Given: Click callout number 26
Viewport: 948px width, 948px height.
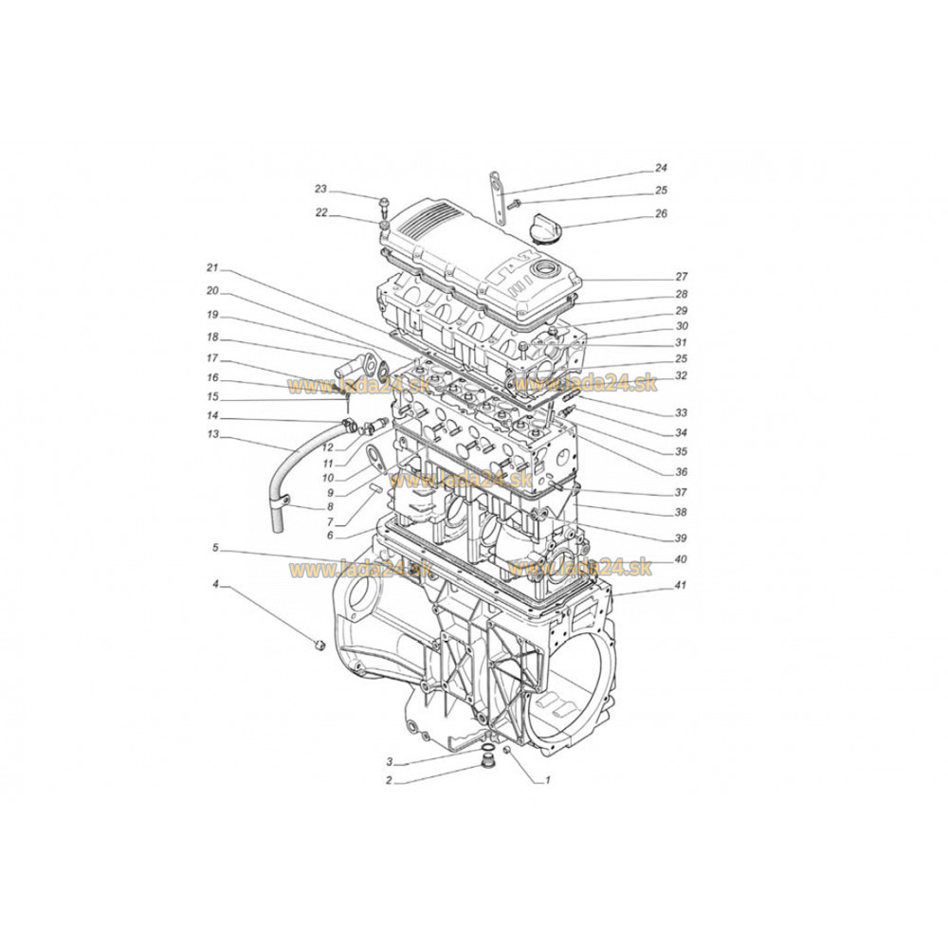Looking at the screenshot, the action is pos(662,213).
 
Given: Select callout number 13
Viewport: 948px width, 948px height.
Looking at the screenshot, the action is pos(212,434).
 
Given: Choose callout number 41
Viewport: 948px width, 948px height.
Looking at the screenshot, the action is pos(681,585).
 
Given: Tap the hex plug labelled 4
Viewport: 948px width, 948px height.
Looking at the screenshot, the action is pos(319,645).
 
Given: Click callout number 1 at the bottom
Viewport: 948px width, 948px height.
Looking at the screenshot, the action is pos(548,780).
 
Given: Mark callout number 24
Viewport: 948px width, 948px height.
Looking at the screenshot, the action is pos(662,168).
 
